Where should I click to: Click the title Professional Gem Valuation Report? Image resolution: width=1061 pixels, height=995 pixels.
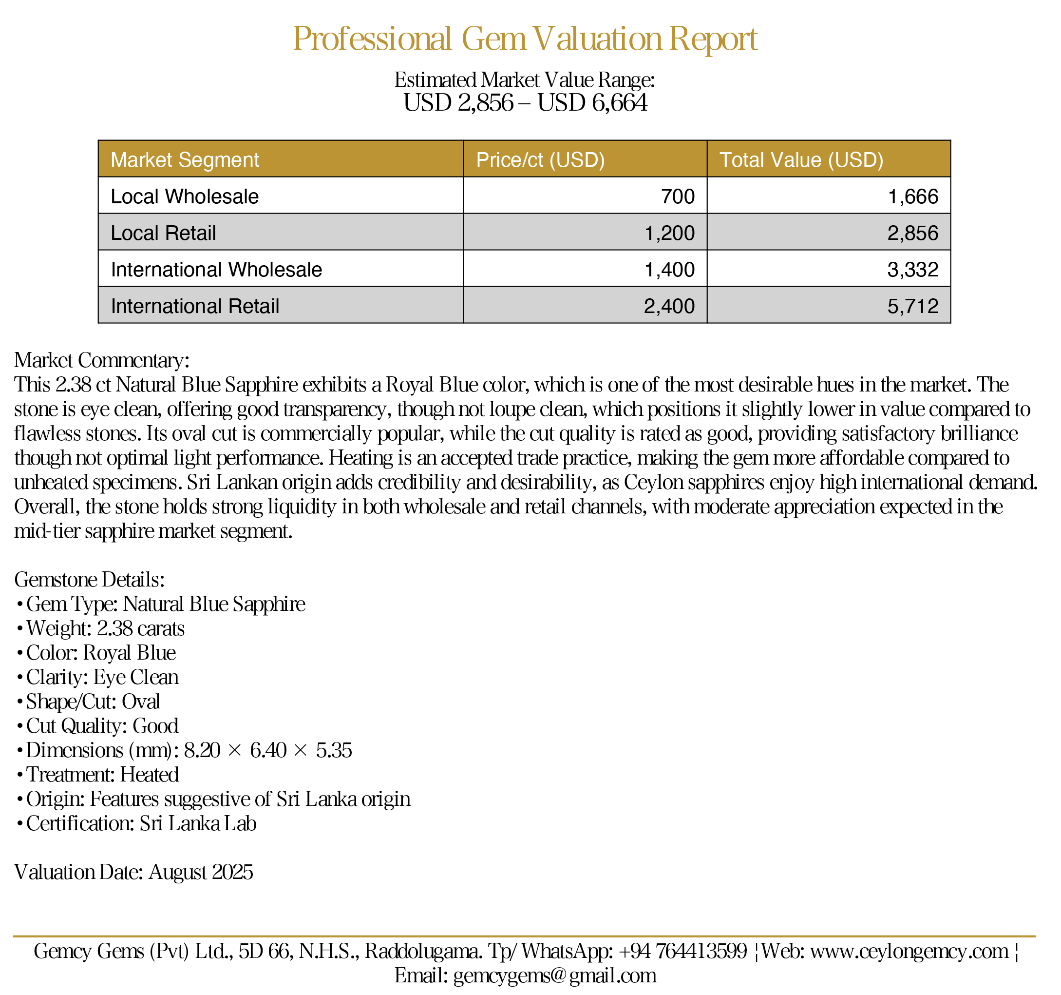click(x=525, y=39)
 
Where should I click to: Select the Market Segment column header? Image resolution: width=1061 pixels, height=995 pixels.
click(x=185, y=160)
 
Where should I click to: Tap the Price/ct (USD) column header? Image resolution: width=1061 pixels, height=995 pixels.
click(x=540, y=160)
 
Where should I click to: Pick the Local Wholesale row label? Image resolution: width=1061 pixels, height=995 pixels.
click(x=185, y=196)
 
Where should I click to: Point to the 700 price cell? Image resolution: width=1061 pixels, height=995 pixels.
click(x=678, y=196)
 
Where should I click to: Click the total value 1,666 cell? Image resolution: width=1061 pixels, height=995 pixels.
click(x=912, y=196)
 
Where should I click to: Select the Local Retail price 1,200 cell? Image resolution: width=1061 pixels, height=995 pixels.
click(x=670, y=233)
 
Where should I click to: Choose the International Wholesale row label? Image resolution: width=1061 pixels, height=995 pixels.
click(x=216, y=270)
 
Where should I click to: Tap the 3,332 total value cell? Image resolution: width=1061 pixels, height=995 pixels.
click(x=912, y=270)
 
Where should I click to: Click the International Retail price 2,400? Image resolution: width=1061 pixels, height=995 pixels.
click(x=669, y=306)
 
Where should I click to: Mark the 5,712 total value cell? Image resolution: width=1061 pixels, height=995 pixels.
click(x=912, y=306)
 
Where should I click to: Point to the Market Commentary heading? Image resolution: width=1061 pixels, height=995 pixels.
click(x=102, y=360)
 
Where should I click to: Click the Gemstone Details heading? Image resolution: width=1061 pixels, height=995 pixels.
click(x=90, y=580)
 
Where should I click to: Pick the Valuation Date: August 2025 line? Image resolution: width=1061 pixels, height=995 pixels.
click(x=133, y=872)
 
